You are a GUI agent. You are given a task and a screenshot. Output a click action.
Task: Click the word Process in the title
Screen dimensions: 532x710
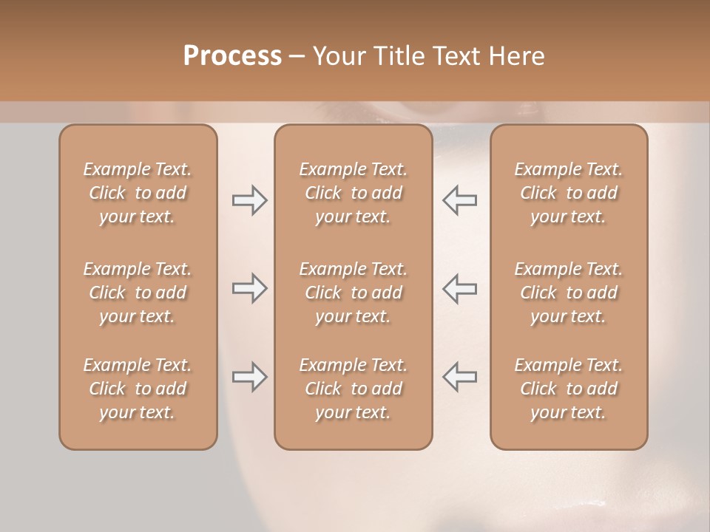pyautogui.click(x=232, y=55)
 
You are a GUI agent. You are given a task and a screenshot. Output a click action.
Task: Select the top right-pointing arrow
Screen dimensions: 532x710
pyautogui.click(x=249, y=200)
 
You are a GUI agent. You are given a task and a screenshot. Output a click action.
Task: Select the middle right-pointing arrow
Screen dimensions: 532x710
pyautogui.click(x=249, y=288)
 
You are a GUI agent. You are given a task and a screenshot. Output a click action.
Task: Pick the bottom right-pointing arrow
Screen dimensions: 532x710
pyautogui.click(x=249, y=377)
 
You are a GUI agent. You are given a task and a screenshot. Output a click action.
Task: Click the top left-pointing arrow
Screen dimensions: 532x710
pyautogui.click(x=459, y=200)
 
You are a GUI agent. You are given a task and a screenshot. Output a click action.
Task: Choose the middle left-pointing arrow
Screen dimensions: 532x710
pyautogui.click(x=459, y=288)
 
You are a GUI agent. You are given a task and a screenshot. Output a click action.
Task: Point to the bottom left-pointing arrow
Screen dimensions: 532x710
pyautogui.click(x=459, y=377)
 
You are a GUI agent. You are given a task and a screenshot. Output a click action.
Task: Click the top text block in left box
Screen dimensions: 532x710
pyautogui.click(x=138, y=193)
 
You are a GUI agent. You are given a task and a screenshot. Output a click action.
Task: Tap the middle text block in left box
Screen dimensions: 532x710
pyautogui.click(x=138, y=293)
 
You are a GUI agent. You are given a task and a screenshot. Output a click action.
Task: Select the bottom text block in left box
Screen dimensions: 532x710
pyautogui.click(x=138, y=389)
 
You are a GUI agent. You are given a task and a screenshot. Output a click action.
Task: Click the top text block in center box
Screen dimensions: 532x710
pyautogui.click(x=354, y=193)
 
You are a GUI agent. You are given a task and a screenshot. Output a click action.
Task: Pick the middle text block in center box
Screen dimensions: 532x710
pyautogui.click(x=354, y=293)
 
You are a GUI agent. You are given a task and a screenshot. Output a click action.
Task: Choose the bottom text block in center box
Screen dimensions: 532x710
pyautogui.click(x=354, y=389)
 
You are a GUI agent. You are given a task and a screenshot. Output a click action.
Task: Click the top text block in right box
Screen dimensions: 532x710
pyautogui.click(x=569, y=193)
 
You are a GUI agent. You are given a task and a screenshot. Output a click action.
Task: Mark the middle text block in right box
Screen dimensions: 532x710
pyautogui.click(x=569, y=293)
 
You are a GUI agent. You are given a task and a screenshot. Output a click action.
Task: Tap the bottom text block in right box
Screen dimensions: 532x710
pyautogui.click(x=569, y=389)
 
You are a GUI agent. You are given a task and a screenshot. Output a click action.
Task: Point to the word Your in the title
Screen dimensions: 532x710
pyautogui.click(x=338, y=55)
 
